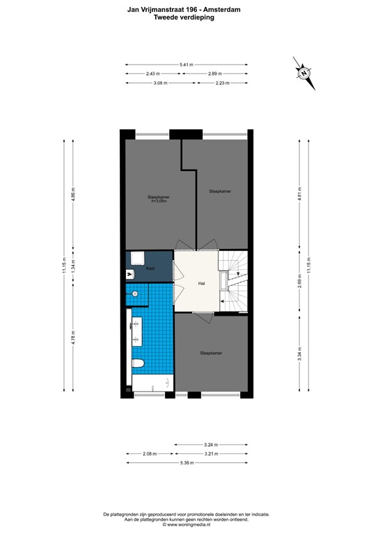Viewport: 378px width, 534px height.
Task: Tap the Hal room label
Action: (x=201, y=283)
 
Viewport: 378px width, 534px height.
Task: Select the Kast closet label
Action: (x=149, y=267)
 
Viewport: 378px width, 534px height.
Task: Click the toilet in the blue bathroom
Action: (x=138, y=364)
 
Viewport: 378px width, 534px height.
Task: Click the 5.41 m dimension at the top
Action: (x=186, y=65)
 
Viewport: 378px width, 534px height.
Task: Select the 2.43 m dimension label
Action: (x=153, y=74)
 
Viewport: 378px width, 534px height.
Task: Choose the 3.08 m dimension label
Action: (x=162, y=83)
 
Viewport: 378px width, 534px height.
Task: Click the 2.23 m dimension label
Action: (x=221, y=83)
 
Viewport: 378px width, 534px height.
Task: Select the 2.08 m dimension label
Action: (x=149, y=453)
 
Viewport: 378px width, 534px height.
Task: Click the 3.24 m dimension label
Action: (x=210, y=444)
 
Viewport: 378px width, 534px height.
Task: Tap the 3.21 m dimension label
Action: (x=210, y=453)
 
